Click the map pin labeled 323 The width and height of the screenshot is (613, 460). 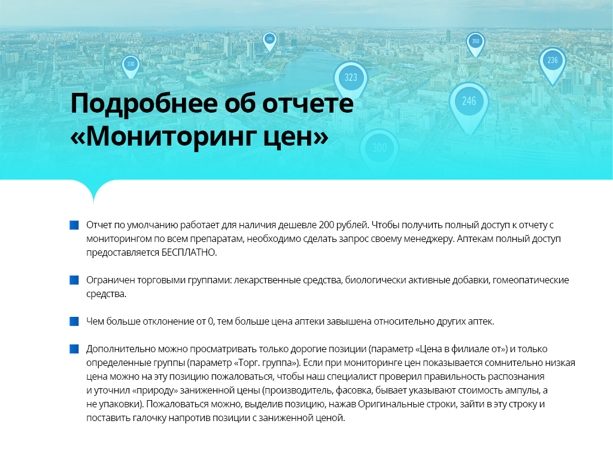pyautogui.click(x=351, y=78)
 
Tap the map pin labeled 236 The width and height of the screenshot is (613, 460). pyautogui.click(x=553, y=62)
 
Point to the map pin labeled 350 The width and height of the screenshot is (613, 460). pyautogui.click(x=475, y=43)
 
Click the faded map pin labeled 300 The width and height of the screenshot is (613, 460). pyautogui.click(x=379, y=149)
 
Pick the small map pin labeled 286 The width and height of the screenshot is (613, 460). pyautogui.click(x=269, y=40)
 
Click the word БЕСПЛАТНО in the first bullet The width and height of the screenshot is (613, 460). pyautogui.click(x=189, y=253)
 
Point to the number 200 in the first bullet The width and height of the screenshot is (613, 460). pyautogui.click(x=326, y=225)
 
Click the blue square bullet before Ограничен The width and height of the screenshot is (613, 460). pyautogui.click(x=74, y=280)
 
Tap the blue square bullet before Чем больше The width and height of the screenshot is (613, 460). pyautogui.click(x=74, y=321)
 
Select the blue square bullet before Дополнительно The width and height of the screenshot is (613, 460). pyautogui.click(x=74, y=349)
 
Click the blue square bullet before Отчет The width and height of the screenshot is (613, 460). pyautogui.click(x=74, y=225)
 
